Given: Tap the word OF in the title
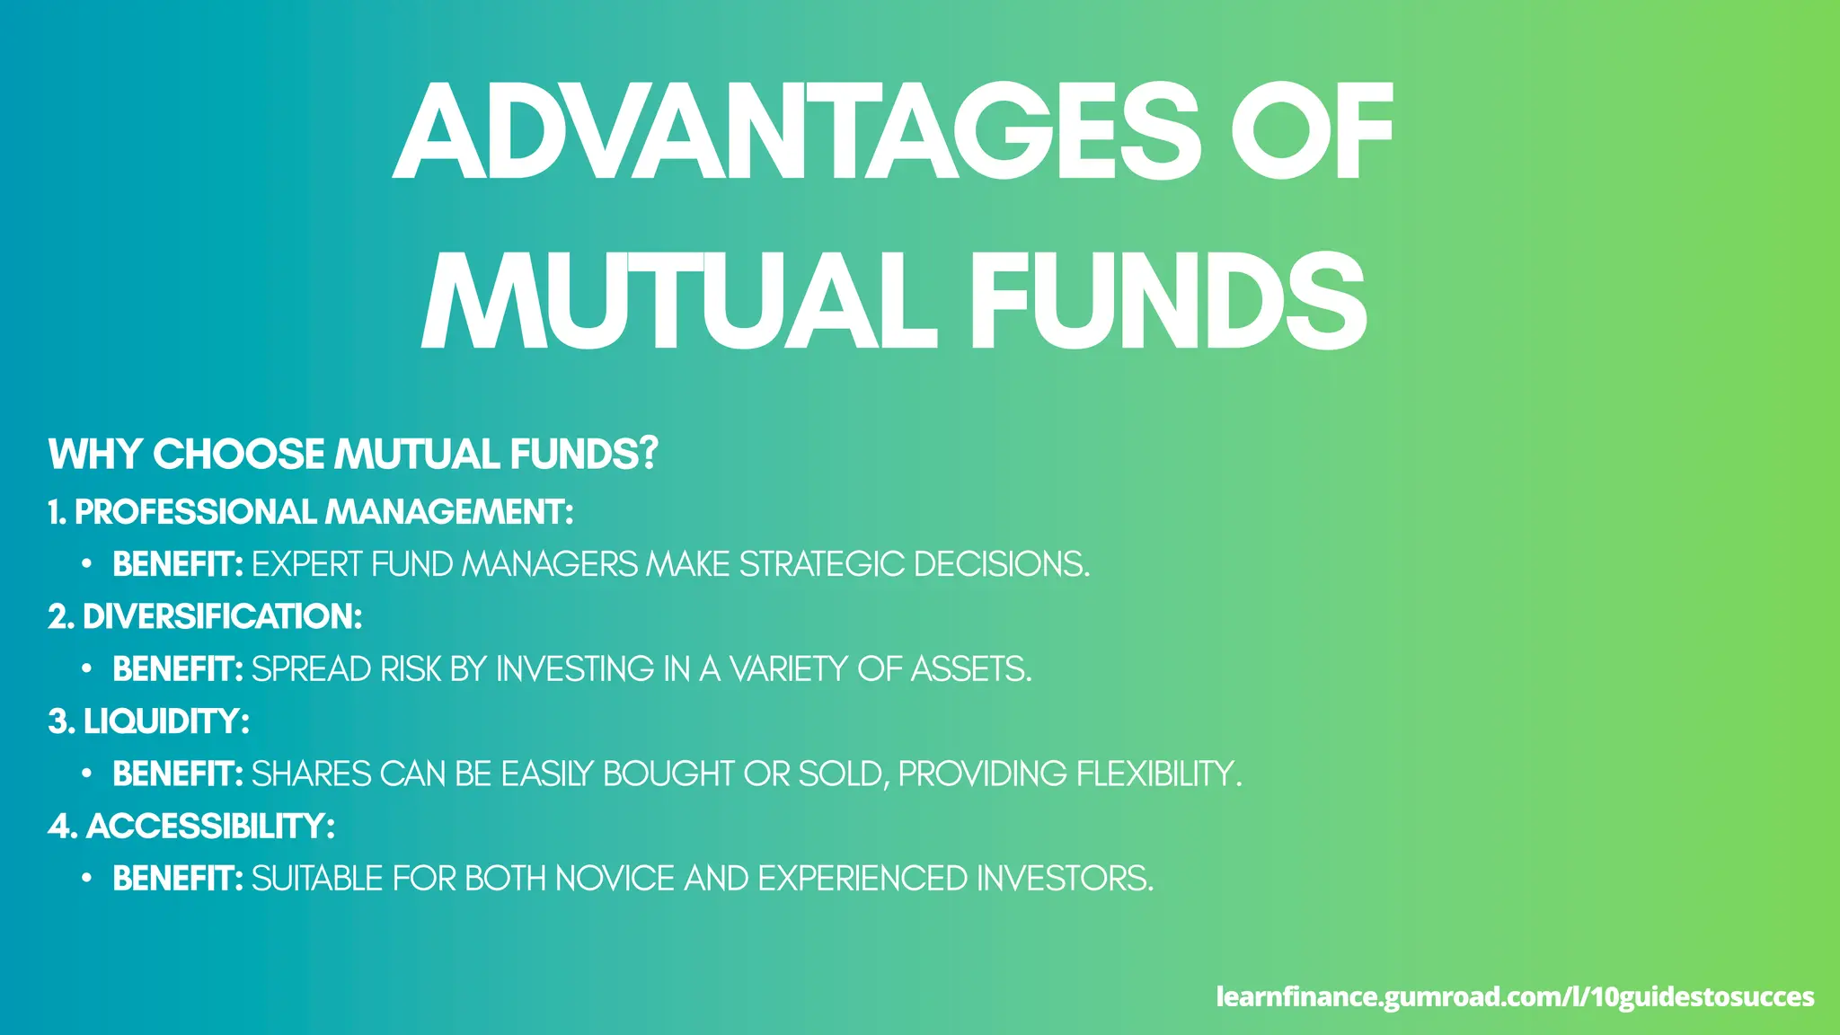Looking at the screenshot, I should pos(1312,132).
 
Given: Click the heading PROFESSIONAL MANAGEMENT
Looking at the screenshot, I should pos(323,512).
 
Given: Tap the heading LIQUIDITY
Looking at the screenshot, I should pos(165,721).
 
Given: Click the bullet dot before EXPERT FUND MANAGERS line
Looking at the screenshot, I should pos(86,564).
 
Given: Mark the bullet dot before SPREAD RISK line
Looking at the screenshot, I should pos(86,669).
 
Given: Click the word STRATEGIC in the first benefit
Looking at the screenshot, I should pos(821,564).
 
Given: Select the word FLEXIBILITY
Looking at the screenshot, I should pos(1158,774).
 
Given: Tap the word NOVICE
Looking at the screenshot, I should pos(615,879).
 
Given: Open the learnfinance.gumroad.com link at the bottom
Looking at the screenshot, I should pos(1515,996).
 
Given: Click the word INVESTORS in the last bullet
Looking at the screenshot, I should pos(1064,879).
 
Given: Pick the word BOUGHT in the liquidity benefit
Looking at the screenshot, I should pos(668,774).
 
